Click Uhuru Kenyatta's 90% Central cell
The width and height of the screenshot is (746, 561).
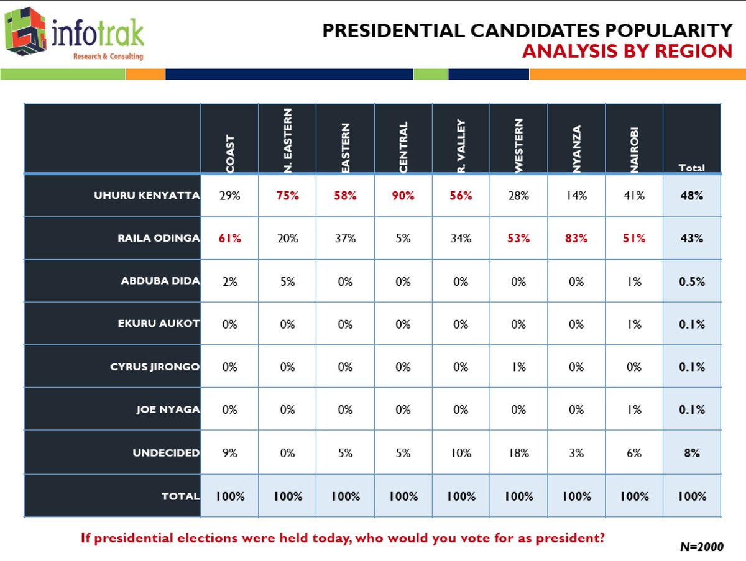[x=403, y=196]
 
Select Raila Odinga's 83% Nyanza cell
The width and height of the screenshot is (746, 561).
[x=576, y=239]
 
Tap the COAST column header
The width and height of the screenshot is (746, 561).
[x=229, y=153]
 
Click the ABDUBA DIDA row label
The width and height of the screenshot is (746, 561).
[x=160, y=281]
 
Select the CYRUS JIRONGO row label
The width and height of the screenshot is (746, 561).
[x=155, y=367]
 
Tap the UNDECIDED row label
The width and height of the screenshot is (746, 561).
[x=166, y=453]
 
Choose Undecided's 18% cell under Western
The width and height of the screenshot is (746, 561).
[x=518, y=453]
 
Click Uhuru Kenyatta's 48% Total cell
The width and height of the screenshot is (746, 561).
[x=691, y=196]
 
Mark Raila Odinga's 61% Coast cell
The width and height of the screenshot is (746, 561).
[x=229, y=239]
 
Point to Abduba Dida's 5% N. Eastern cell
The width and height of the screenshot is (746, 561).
[x=287, y=281]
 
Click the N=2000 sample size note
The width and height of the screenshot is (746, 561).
[x=702, y=547]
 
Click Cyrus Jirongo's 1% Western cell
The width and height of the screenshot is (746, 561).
[x=518, y=367]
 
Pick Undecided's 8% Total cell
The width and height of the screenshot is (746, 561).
[x=691, y=453]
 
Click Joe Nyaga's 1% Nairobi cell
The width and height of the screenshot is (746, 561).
[x=634, y=410]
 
